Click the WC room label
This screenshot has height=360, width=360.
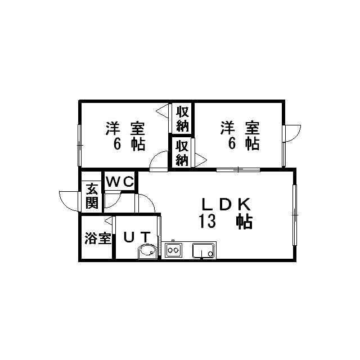pos(120,182)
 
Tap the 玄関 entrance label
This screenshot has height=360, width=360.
pos(92,196)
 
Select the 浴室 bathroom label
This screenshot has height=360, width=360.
pos(98,238)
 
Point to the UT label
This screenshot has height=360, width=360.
pos(137,237)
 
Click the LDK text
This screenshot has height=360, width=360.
pos(226,204)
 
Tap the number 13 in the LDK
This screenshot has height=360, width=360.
pos(208,221)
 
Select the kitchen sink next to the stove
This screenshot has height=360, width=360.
pos(204,250)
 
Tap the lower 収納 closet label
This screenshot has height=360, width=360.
pos(182,153)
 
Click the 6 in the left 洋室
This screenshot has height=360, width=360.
pos(118,144)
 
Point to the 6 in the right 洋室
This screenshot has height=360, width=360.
pos(232,144)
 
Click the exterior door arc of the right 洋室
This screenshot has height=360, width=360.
pos(292,134)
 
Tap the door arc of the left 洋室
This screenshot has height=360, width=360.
pos(159,160)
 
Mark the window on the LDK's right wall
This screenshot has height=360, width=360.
pos(295,215)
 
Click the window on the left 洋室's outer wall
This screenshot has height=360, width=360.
pos(79,145)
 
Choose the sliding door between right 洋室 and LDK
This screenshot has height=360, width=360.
pos(238,170)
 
